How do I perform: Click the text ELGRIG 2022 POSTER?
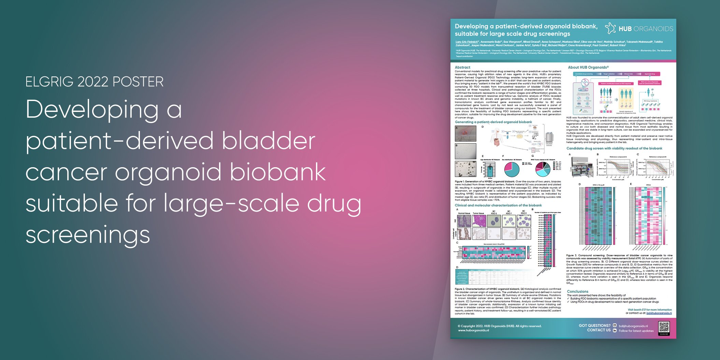click(95, 82)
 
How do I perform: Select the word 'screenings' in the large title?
click(88, 235)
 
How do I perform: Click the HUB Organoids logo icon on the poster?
click(610, 28)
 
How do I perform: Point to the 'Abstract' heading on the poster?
click(462, 68)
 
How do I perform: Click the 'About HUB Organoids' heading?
click(588, 68)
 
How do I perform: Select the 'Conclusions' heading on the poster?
click(577, 291)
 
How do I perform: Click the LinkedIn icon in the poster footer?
click(615, 331)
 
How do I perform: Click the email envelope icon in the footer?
click(615, 326)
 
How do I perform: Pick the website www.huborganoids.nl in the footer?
click(473, 330)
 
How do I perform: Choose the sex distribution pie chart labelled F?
click(512, 169)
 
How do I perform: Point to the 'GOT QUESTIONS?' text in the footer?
click(594, 326)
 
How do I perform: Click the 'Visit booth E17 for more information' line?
click(650, 310)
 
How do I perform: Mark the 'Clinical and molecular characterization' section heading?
click(498, 205)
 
